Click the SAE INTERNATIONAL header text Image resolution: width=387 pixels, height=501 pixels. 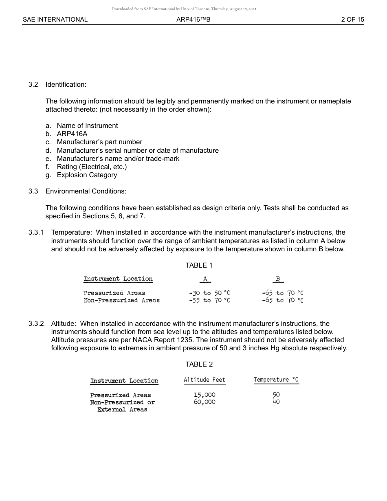click(55, 19)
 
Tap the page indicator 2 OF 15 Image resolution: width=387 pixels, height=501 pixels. click(352, 19)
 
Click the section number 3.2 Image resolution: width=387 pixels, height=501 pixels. click(33, 85)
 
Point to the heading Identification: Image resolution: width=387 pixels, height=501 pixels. click(66, 85)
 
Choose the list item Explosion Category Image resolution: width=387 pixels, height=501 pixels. click(87, 175)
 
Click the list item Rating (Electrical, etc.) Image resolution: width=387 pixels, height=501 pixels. click(92, 167)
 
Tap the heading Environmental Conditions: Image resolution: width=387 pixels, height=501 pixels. click(86, 191)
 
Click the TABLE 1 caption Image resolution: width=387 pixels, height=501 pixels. click(199, 265)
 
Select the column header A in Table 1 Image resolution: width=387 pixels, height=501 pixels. click(205, 279)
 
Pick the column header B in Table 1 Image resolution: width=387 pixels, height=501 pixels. click(278, 279)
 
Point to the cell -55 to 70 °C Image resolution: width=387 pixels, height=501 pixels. click(209, 300)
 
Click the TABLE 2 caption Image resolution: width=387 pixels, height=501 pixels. click(199, 364)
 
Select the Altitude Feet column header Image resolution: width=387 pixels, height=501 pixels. click(204, 380)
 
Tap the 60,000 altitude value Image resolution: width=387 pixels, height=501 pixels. click(204, 402)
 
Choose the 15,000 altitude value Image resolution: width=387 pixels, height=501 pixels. click(204, 395)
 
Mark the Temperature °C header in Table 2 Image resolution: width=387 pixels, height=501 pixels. click(276, 380)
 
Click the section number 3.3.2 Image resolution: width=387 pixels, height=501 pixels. click(36, 323)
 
